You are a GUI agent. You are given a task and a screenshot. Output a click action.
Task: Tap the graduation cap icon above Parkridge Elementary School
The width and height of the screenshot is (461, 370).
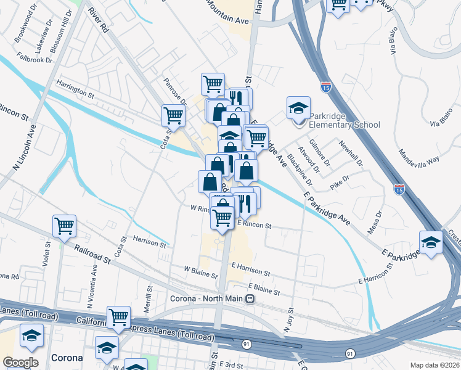(x=298, y=108)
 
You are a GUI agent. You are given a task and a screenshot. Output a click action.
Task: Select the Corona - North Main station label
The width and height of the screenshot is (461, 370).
(x=206, y=298)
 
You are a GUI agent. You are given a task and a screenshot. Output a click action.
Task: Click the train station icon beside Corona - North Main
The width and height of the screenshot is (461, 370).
(x=250, y=298)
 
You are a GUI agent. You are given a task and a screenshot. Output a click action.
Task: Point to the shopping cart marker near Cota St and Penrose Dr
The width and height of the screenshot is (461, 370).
(x=174, y=115)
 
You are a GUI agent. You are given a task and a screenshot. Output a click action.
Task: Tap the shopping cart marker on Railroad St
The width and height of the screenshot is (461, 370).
(x=64, y=226)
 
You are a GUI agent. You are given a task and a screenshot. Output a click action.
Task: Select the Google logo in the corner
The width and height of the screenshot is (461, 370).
(x=20, y=363)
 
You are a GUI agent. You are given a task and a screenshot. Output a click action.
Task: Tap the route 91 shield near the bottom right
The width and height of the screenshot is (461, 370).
(x=349, y=354)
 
